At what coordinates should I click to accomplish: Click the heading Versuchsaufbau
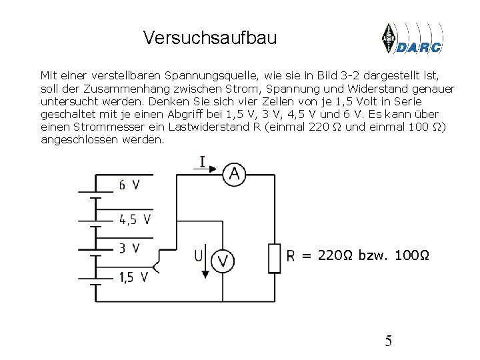[x=209, y=38]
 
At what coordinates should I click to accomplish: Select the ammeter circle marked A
[x=233, y=174]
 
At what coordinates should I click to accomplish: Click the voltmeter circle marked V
[x=223, y=260]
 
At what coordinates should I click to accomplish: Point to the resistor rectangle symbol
[x=275, y=258]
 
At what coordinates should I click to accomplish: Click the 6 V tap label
[x=129, y=185]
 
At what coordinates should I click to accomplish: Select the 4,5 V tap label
[x=135, y=219]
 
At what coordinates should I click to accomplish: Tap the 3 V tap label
[x=129, y=248]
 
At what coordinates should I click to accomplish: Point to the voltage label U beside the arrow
[x=199, y=255]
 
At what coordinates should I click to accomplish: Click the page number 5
[x=388, y=342]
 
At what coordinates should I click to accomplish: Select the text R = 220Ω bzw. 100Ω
[x=357, y=255]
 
